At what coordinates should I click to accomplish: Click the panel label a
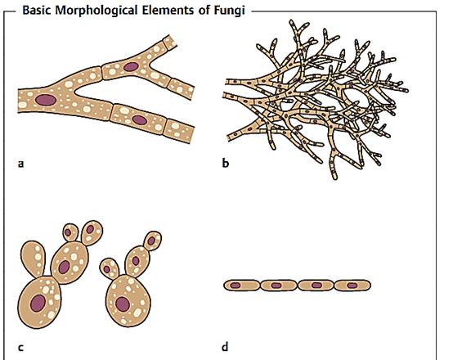[x=20, y=164]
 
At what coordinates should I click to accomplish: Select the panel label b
[x=226, y=163]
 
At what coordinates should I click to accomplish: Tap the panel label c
[x=20, y=347]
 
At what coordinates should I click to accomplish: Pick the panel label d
[x=225, y=346]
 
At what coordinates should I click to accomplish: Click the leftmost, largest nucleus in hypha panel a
[x=46, y=100]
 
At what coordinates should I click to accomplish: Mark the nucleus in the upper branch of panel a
[x=131, y=67]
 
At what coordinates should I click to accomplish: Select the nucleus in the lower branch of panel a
[x=140, y=120]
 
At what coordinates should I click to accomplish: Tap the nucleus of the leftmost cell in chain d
[x=235, y=286]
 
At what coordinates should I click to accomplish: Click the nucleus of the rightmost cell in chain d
[x=352, y=286]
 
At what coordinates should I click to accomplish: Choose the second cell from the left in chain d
[x=279, y=286]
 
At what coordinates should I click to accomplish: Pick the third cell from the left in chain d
[x=316, y=286]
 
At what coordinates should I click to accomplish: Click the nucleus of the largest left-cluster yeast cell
[x=38, y=303]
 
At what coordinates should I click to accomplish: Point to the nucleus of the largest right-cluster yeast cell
[x=123, y=304]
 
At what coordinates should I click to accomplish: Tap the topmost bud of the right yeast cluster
[x=153, y=241]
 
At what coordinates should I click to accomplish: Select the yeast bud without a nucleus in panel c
[x=34, y=259]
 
